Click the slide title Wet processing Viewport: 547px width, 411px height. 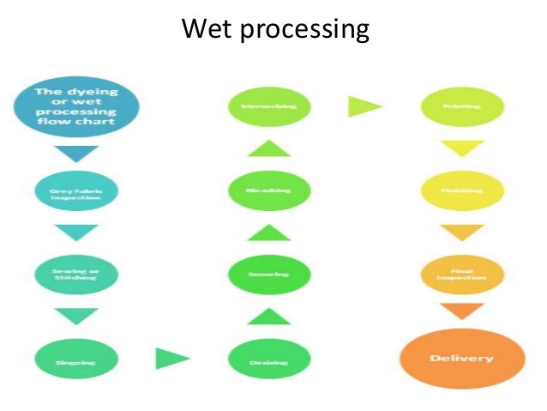click(275, 31)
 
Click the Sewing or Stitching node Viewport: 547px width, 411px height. click(75, 274)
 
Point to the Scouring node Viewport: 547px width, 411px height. click(267, 274)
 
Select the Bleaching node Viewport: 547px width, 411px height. click(267, 190)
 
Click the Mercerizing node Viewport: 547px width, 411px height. click(267, 108)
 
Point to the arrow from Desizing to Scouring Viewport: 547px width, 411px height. click(267, 316)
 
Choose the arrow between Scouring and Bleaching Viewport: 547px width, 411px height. click(267, 233)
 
